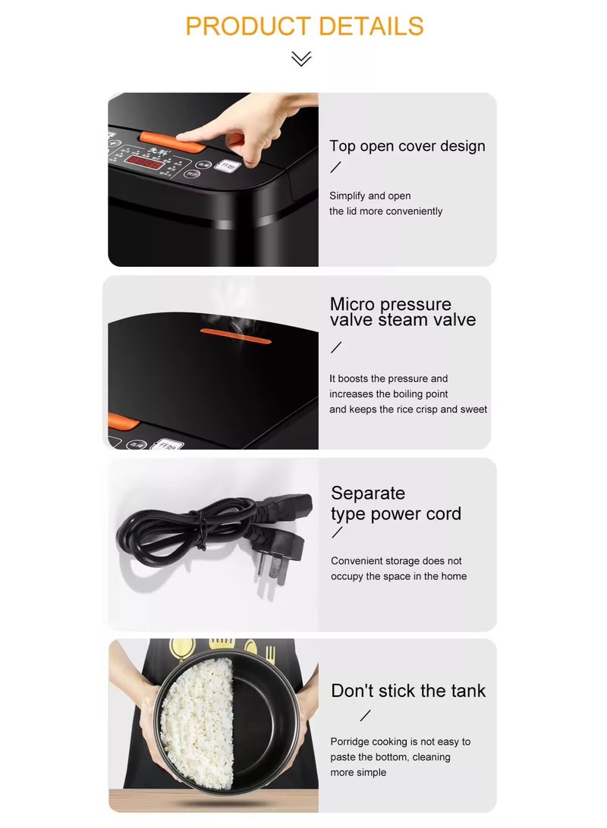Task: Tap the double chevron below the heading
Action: tap(301, 58)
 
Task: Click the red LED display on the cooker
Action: tap(143, 162)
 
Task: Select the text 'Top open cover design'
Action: tap(407, 146)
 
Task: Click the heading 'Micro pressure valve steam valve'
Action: tap(402, 312)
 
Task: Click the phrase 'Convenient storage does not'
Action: tap(396, 561)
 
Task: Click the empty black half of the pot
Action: tap(266, 713)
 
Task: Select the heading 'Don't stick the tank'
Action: tap(408, 691)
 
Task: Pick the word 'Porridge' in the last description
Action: tap(353, 742)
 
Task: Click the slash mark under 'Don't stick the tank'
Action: tap(366, 715)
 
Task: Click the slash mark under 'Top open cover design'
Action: tap(335, 168)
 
